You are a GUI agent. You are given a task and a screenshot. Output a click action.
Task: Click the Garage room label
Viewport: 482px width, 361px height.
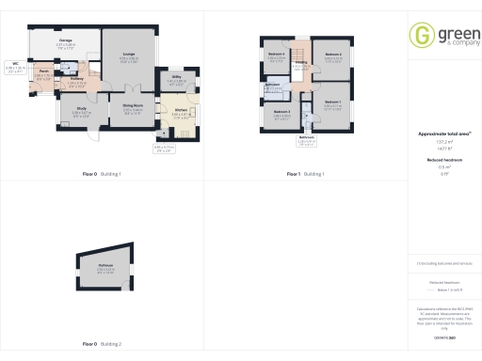pyautogui.click(x=67, y=41)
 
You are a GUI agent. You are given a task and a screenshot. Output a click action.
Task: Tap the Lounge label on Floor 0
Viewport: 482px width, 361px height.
pyautogui.click(x=127, y=55)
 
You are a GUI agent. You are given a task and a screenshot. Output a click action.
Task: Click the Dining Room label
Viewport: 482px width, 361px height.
pyautogui.click(x=133, y=106)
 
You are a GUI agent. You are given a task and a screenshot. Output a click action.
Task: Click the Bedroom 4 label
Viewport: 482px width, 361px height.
pyautogui.click(x=277, y=55)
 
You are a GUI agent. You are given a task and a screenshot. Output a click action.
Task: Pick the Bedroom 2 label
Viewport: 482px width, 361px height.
pyautogui.click(x=332, y=55)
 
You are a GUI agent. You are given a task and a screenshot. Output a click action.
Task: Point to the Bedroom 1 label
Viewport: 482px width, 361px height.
pyautogui.click(x=332, y=101)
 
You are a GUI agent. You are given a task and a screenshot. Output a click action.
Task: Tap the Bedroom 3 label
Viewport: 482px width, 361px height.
pyautogui.click(x=281, y=113)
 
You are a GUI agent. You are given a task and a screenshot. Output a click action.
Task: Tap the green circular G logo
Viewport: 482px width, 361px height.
pyautogui.click(x=420, y=35)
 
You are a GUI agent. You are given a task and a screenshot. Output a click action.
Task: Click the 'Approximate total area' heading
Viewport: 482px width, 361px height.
pyautogui.click(x=438, y=134)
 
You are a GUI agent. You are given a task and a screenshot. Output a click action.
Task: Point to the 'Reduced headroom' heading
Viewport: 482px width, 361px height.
pyautogui.click(x=438, y=161)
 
